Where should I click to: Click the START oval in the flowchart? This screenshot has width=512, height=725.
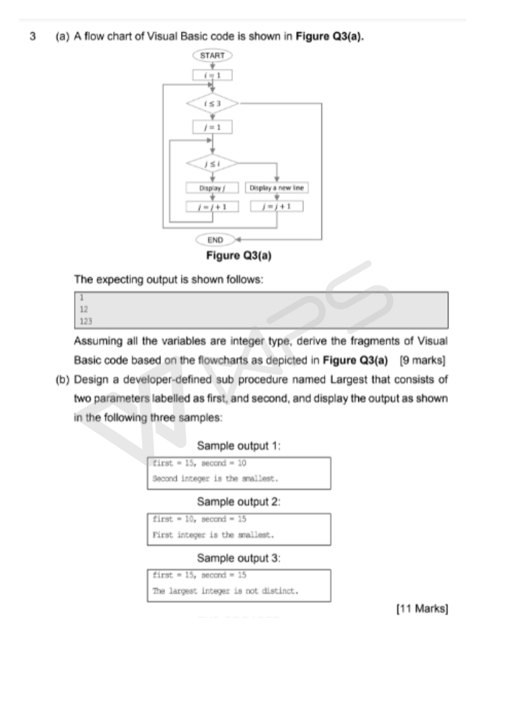tap(212, 56)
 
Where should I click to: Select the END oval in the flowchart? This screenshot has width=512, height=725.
tap(215, 240)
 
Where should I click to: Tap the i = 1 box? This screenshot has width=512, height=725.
tap(212, 76)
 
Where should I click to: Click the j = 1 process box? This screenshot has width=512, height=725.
tap(212, 127)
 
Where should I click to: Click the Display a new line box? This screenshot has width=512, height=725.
tap(277, 188)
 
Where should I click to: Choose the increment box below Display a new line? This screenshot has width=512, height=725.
tap(277, 207)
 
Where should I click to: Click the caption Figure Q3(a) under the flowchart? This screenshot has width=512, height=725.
tap(238, 256)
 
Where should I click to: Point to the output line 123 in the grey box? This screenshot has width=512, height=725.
tap(85, 320)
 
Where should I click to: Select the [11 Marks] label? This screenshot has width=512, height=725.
tap(422, 609)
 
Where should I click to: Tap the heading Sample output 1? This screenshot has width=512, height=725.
tap(239, 446)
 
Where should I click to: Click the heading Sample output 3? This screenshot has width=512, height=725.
tap(239, 558)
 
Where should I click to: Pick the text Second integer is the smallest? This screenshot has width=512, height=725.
tap(215, 479)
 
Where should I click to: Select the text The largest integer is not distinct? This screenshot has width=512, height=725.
tap(225, 591)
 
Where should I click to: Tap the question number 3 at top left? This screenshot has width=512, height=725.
tap(33, 37)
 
